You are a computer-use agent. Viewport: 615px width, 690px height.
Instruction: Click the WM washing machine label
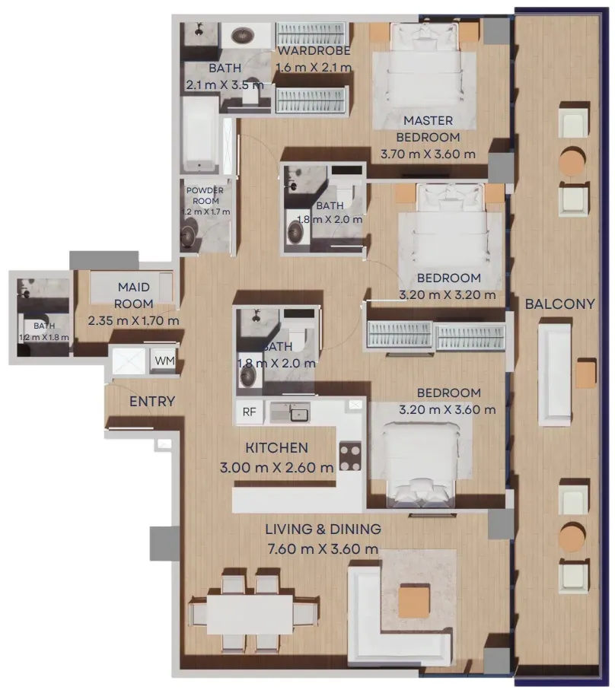coord(164,361)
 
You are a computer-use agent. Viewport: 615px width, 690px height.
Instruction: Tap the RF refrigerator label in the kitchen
coord(249,412)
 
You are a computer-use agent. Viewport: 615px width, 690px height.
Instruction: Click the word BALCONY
coord(560,304)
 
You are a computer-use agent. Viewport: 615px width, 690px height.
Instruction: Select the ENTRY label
coord(152,402)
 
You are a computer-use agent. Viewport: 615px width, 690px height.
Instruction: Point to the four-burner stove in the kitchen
coord(350,456)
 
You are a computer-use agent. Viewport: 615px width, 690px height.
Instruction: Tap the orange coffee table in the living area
coord(414,601)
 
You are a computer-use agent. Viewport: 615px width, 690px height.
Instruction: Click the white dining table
coord(250,615)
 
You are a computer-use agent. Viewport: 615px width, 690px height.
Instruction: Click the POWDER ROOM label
coord(206,196)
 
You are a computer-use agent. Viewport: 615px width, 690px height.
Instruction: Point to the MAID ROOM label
coord(134,295)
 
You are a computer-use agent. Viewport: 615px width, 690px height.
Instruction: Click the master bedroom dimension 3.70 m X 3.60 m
coord(428,154)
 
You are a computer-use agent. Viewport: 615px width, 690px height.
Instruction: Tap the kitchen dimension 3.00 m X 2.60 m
coord(276,467)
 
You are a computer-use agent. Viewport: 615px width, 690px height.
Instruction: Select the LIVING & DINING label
coord(323,529)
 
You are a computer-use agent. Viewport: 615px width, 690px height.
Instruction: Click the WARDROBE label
coord(314,51)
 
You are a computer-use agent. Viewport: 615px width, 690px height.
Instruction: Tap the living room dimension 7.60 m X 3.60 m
coord(323,549)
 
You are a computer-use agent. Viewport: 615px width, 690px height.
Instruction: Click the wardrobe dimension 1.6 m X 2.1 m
coord(314,68)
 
